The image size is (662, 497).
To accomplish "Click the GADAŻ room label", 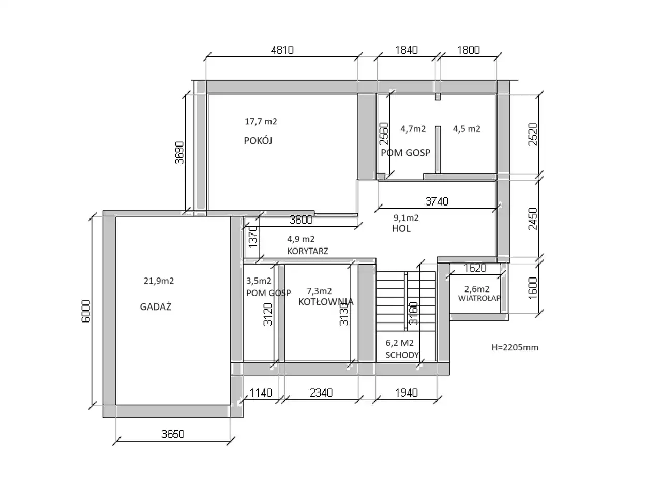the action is point(155,306).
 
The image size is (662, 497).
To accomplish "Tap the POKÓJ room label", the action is point(258,141).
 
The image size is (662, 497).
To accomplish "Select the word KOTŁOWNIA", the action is point(326,302).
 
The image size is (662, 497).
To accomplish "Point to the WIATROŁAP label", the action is point(479,298).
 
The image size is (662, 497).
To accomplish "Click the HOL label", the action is point(401,228).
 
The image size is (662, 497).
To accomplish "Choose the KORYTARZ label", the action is point(307,251).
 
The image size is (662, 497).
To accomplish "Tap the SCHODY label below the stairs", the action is point(402,355).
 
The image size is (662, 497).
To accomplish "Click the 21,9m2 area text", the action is point(159,281).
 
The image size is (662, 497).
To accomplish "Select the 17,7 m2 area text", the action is point(261,121).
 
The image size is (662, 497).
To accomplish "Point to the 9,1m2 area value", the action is point(406,217).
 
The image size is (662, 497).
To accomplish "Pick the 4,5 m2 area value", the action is point(467,129).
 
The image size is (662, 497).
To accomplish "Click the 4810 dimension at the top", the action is point(282,50).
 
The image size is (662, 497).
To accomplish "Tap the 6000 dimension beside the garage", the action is point(86,311).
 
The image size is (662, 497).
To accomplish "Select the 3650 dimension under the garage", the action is point(173,434).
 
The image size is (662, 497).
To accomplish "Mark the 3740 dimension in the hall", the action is point(437,201).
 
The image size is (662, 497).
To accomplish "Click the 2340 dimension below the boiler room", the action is point(321,392).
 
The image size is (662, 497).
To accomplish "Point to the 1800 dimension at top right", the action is point(469,50).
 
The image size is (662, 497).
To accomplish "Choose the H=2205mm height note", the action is point(515,347).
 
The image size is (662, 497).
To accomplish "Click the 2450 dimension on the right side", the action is point(533,219).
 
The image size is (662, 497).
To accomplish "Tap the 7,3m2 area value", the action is point(319,291).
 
